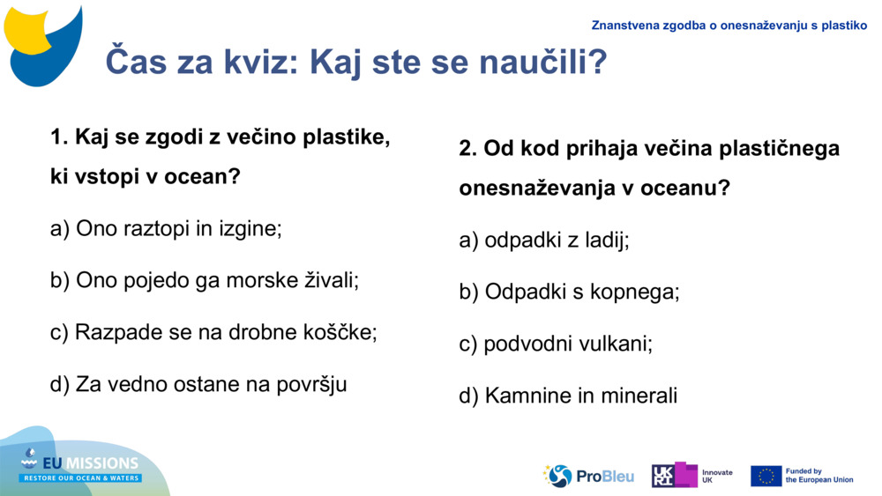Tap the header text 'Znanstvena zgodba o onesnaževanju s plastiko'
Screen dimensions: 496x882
coord(729,26)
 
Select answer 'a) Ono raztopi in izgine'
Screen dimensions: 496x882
coord(166,229)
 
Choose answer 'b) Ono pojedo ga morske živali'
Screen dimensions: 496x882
coord(205,280)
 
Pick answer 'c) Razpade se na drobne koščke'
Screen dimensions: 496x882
coord(213,332)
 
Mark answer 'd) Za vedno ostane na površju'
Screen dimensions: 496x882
coord(198,384)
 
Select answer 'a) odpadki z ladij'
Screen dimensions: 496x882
coord(544,240)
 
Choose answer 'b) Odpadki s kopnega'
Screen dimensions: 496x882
coord(569,292)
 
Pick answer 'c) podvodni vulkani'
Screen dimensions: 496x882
coord(556,344)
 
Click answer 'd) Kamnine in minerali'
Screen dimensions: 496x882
coord(568,396)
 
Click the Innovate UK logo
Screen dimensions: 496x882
coord(691,476)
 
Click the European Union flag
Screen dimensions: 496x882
coord(766,476)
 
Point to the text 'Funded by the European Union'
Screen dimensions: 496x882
coord(818,476)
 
